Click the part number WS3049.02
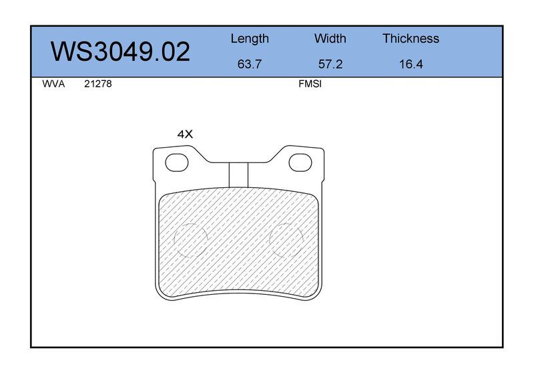point(120,51)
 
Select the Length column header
point(250,39)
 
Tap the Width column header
point(330,39)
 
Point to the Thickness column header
point(411,39)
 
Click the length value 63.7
point(249,64)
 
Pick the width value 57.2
point(330,64)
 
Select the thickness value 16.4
point(411,64)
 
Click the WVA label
point(53,84)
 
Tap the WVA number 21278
point(97,84)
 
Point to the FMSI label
point(310,84)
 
